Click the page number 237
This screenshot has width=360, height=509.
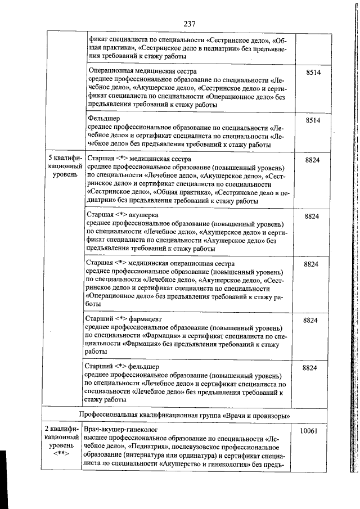188,24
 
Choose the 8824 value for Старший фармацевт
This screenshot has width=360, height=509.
311,320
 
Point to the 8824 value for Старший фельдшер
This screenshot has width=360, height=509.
311,367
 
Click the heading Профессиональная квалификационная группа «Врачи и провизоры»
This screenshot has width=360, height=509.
184,415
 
